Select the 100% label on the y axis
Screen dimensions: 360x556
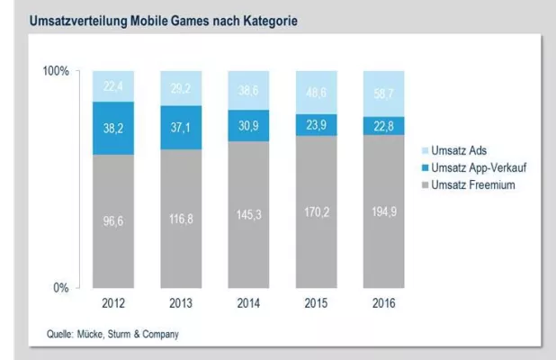click(x=56, y=71)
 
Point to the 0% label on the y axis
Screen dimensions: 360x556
click(x=60, y=288)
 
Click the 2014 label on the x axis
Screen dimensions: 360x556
click(x=250, y=302)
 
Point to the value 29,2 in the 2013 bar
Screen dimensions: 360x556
click(x=181, y=88)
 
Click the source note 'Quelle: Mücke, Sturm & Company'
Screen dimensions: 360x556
click(x=113, y=334)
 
